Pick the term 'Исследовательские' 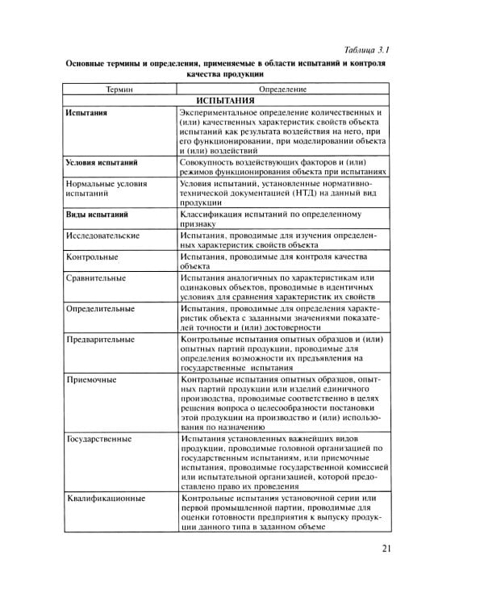tap(103, 236)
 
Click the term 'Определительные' tap(101, 309)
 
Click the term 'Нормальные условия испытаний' tap(105, 189)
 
